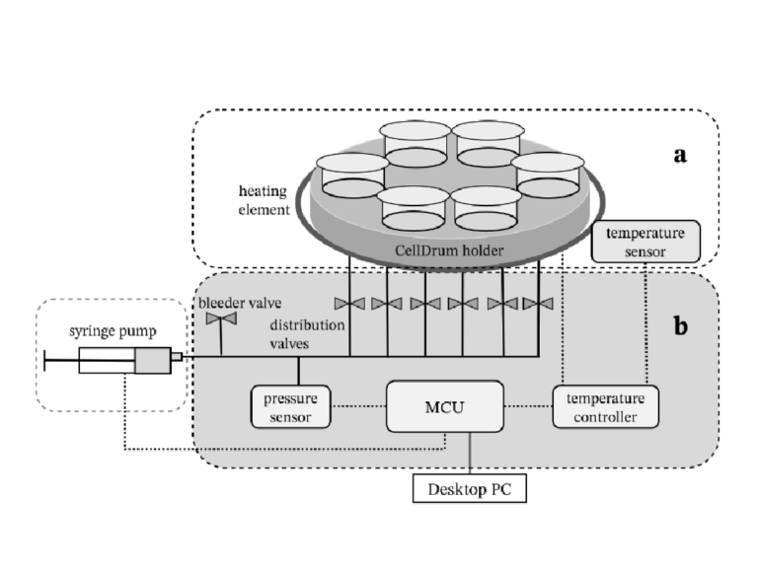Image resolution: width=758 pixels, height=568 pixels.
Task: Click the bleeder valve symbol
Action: click(214, 319)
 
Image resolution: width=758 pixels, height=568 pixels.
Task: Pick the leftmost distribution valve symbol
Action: click(349, 303)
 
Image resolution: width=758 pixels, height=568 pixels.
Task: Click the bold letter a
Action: click(679, 155)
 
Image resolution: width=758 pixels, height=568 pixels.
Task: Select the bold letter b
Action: click(680, 326)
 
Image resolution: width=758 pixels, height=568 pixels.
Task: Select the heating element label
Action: click(265, 200)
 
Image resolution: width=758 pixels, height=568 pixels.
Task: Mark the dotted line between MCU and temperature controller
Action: click(527, 405)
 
